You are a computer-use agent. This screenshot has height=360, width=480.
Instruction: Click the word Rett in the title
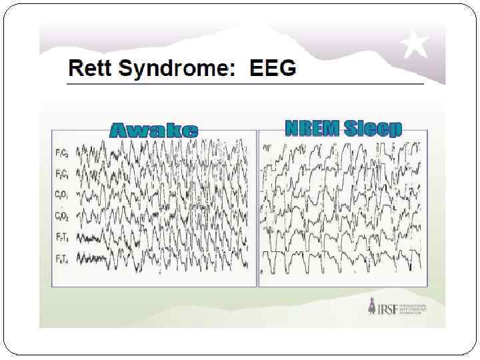(87, 68)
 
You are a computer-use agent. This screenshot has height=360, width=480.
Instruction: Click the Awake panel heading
(153, 130)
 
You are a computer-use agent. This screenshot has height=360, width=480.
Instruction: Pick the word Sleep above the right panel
(373, 129)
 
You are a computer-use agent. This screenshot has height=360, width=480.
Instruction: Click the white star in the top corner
(414, 45)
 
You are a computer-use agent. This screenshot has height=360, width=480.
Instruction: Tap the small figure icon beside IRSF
(372, 308)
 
